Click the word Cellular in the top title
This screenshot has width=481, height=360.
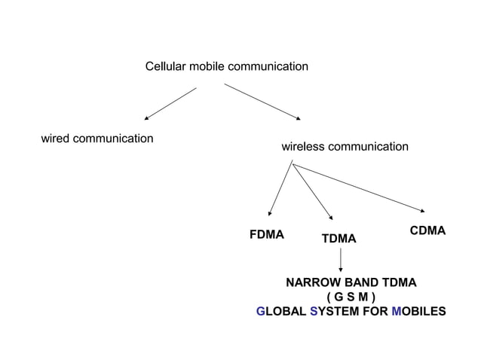pos(165,67)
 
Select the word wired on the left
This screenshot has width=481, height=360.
pos(56,139)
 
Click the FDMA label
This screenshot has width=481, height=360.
pos(266,234)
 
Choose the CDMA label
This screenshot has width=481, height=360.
pos(427,230)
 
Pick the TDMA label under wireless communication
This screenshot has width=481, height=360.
pos(339,239)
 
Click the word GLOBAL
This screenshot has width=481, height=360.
pos(280,311)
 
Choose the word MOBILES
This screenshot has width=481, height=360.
pos(419,311)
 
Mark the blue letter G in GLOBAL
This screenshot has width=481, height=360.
pos(261,311)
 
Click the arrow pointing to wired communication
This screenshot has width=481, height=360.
pos(170,103)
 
